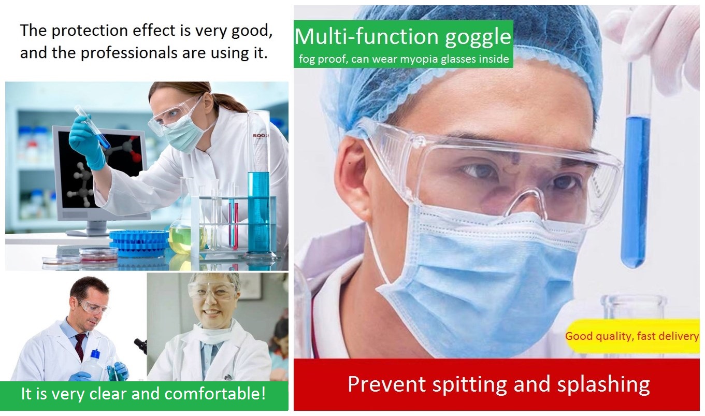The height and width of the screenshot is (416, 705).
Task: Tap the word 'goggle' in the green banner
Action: [478, 37]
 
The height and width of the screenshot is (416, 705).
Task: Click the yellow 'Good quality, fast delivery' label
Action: [631, 336]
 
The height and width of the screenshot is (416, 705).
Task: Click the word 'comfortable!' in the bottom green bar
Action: [215, 394]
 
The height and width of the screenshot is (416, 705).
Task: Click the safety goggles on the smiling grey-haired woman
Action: [211, 290]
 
